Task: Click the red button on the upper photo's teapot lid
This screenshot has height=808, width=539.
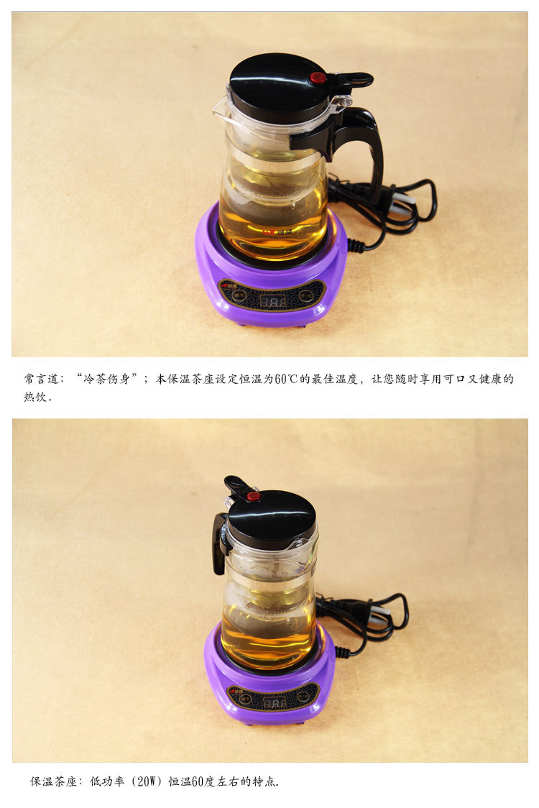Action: point(318,78)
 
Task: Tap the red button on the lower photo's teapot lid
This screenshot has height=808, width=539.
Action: point(254,496)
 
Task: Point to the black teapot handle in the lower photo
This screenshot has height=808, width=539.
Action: point(218,543)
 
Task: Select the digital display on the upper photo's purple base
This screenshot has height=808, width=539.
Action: point(273,301)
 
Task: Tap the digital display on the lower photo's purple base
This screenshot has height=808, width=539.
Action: point(274,701)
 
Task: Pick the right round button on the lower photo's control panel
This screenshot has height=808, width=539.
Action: point(305,696)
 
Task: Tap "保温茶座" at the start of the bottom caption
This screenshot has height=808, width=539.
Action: point(53,781)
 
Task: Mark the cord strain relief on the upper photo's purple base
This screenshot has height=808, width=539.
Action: point(355,245)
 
